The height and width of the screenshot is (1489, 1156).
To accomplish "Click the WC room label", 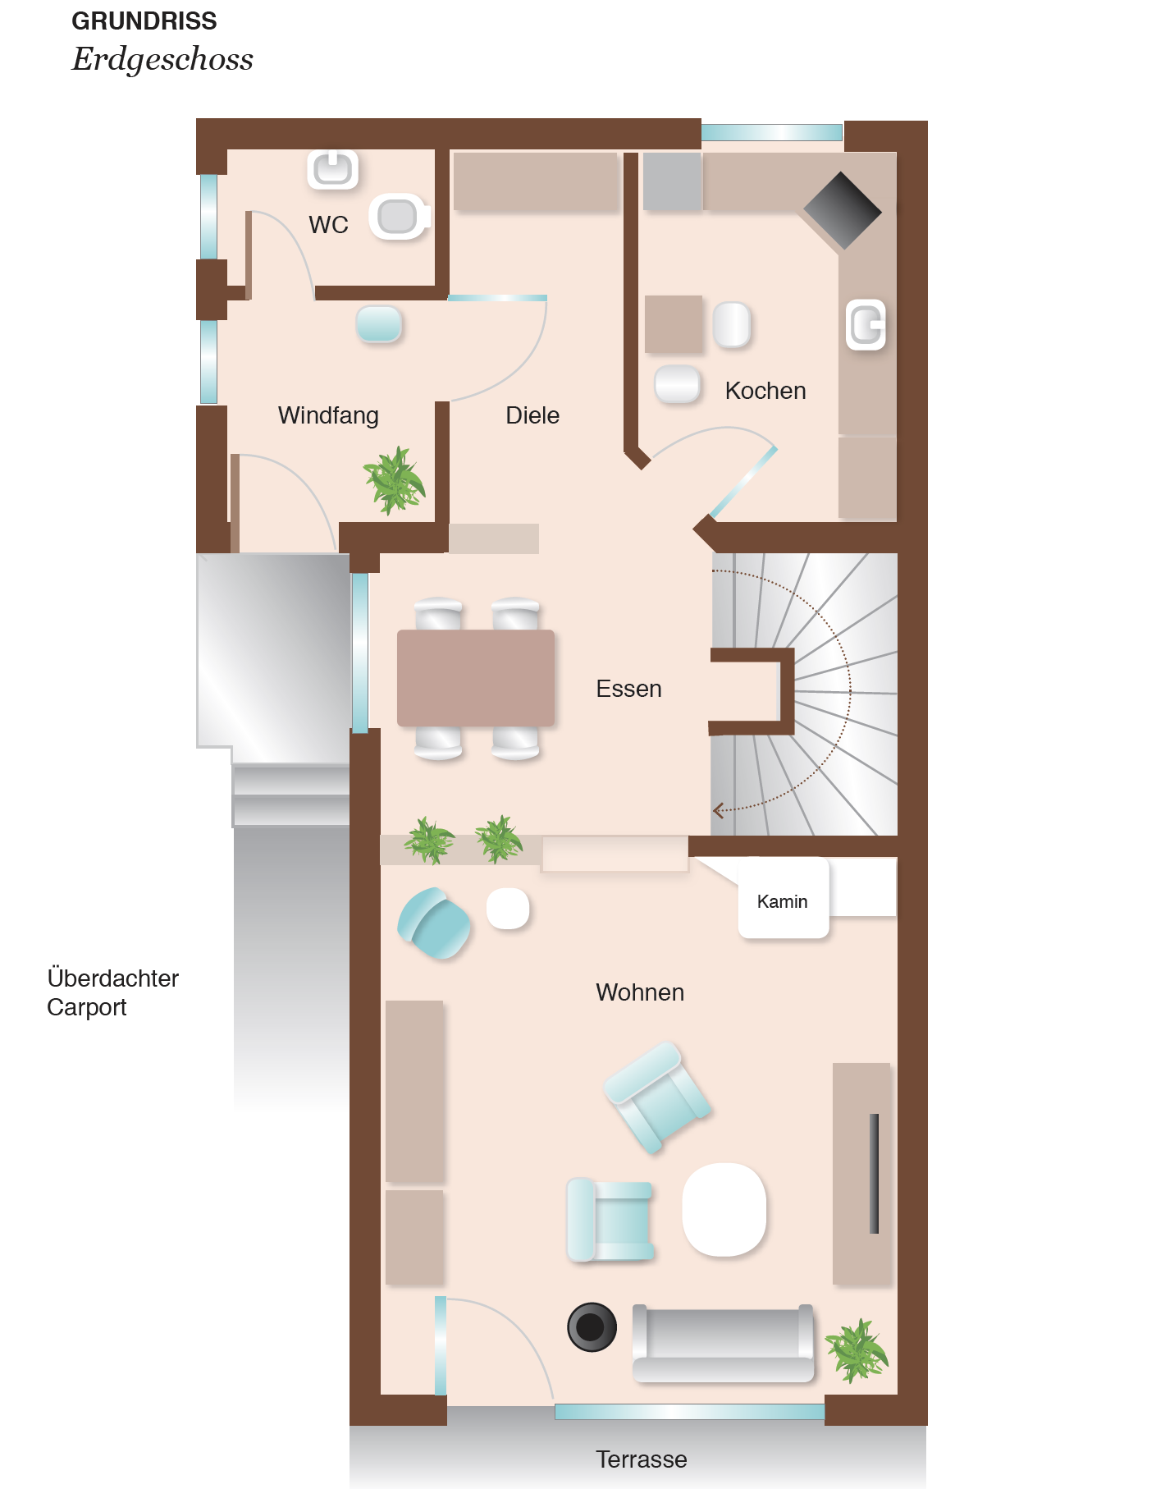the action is click(328, 224).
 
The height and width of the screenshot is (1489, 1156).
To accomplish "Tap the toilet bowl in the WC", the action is click(400, 217).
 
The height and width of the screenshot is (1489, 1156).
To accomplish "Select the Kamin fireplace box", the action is click(784, 899).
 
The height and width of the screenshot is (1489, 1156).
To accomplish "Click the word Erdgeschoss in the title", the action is click(162, 59).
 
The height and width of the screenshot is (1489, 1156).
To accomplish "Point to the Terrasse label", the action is click(641, 1459).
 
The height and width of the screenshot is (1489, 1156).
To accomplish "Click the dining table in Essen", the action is click(476, 678).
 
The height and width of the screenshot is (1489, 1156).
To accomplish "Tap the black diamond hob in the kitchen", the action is click(842, 211).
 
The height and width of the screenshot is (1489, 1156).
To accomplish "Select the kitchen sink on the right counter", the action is click(866, 325).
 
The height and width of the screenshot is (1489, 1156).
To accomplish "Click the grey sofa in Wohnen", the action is click(723, 1344).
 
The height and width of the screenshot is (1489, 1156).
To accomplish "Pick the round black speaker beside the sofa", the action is click(592, 1326).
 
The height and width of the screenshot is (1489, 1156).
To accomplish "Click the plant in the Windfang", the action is click(395, 480).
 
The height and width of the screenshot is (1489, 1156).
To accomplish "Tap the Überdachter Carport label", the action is click(112, 992).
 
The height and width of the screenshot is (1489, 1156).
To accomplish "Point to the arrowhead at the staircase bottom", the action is click(718, 811).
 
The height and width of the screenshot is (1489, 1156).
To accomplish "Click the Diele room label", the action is click(532, 415).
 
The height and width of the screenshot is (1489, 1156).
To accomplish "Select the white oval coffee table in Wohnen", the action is click(724, 1209).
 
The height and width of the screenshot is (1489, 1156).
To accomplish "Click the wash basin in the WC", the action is click(333, 170).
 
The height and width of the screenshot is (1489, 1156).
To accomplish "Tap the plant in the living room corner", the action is click(857, 1350).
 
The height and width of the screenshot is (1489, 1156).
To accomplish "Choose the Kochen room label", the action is click(765, 391).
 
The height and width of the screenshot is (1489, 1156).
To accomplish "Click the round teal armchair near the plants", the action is click(434, 923).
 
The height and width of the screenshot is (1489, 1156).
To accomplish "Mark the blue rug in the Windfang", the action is click(379, 323).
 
